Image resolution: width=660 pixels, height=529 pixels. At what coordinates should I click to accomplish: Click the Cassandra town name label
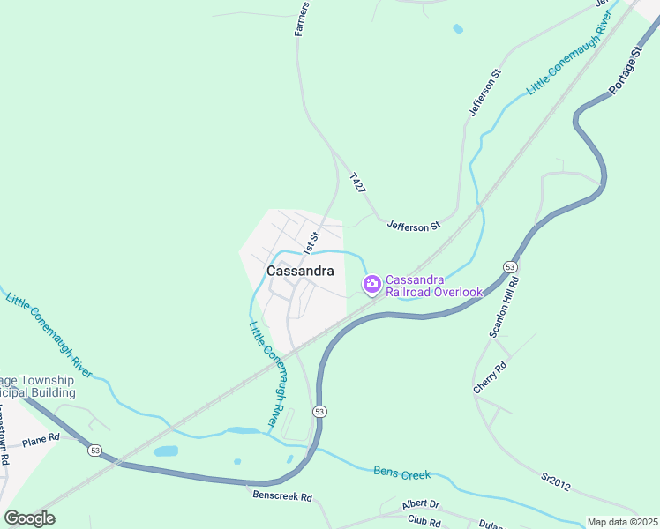tap(300, 272)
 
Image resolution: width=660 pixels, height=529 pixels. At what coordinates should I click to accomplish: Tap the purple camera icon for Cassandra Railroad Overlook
tap(371, 283)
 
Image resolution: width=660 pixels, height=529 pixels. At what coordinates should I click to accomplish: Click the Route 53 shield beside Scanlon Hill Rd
tap(510, 266)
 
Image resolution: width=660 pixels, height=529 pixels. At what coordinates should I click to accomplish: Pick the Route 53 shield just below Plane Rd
tap(94, 450)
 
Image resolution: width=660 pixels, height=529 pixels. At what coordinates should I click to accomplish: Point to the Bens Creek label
tap(401, 473)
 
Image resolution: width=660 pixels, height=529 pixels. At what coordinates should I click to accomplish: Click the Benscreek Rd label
tap(281, 497)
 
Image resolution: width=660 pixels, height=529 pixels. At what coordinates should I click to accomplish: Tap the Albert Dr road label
tap(420, 503)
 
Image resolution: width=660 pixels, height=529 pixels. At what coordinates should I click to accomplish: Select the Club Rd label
tap(424, 522)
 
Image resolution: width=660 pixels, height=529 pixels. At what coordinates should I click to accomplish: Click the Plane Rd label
tap(41, 438)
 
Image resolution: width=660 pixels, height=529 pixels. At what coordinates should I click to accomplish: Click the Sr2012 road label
tap(559, 483)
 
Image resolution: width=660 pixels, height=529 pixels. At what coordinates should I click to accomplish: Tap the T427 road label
tap(357, 183)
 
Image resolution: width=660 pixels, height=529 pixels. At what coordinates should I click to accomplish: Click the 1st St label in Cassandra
tap(311, 238)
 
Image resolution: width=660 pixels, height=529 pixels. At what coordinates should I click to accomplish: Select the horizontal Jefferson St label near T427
tap(413, 226)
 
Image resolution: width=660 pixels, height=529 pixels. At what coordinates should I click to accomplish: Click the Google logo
tap(29, 518)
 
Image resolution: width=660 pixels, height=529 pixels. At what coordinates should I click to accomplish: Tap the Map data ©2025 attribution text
tap(622, 522)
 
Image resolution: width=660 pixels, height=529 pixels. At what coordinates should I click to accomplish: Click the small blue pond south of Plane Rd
tap(166, 451)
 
